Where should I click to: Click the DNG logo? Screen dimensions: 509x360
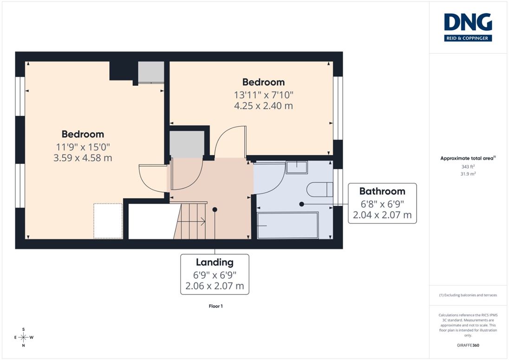click(x=468, y=27)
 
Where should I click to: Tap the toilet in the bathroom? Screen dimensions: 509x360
click(x=320, y=190)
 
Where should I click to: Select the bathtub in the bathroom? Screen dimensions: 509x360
click(x=287, y=225)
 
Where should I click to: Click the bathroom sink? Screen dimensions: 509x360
click(x=297, y=168)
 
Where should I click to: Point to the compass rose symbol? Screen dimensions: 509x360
click(x=23, y=337)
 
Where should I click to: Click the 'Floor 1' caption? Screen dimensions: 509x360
click(x=215, y=306)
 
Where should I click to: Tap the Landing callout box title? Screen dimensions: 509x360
click(x=215, y=262)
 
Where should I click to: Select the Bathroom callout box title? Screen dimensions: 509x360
click(x=382, y=191)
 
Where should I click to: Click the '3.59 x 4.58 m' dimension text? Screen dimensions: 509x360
click(x=83, y=158)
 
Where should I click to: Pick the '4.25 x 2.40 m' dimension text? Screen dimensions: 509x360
click(x=263, y=106)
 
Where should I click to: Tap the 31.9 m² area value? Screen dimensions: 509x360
click(x=468, y=174)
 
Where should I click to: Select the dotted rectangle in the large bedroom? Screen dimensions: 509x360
click(x=108, y=221)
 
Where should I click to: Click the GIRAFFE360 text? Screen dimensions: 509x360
click(x=468, y=345)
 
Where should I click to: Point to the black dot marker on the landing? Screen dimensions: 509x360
click(x=215, y=209)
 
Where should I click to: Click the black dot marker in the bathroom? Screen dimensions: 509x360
click(x=301, y=204)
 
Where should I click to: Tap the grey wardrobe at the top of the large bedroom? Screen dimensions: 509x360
click(x=151, y=72)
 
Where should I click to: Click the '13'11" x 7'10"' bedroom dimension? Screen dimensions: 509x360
click(x=264, y=95)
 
